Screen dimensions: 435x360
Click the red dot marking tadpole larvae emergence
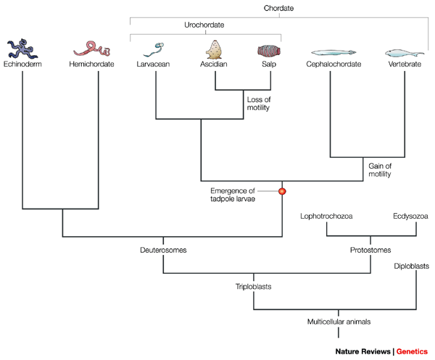click(282, 191)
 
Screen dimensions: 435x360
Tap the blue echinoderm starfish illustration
click(22, 49)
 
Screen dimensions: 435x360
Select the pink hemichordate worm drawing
click(92, 49)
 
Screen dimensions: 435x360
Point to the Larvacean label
click(153, 64)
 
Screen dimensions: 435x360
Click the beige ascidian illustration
click(214, 49)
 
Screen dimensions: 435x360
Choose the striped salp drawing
click(269, 51)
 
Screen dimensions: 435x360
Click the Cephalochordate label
click(333, 64)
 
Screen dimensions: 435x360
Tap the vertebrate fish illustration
click(405, 53)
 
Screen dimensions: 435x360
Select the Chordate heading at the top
click(278, 8)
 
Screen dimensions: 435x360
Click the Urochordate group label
click(204, 25)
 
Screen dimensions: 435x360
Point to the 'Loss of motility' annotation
click(259, 104)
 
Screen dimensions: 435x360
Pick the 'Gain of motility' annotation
click(380, 170)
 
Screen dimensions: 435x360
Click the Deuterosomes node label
click(163, 250)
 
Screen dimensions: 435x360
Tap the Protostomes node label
click(370, 250)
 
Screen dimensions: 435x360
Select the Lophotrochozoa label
click(326, 216)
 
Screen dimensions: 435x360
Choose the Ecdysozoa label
click(410, 216)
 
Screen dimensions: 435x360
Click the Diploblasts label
click(411, 266)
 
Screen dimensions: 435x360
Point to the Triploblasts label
click(253, 286)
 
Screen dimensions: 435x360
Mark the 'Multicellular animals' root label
click(339, 322)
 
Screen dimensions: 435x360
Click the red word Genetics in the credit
click(412, 351)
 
